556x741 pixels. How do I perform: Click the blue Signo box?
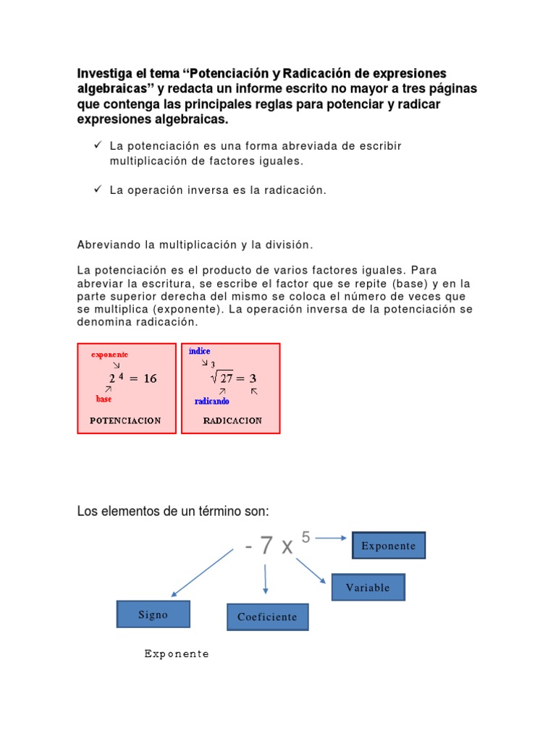point(153,614)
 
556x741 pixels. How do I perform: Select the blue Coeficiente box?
point(267,617)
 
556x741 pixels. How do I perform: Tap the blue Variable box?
point(368,588)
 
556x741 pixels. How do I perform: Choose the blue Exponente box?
point(389,546)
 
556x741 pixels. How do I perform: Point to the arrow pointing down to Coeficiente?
point(266,579)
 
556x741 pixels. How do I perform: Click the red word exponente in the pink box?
point(109,355)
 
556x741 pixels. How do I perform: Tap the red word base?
point(104,399)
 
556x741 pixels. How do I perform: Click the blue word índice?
point(199,351)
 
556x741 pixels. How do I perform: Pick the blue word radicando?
point(211,401)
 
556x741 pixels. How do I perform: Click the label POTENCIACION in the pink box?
point(125,420)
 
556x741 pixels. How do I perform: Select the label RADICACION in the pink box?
point(232,420)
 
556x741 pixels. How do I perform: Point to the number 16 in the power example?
point(150,378)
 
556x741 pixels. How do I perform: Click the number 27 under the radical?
point(227,378)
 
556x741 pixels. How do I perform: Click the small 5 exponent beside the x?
point(306,537)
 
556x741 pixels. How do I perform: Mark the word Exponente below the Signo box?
point(177,654)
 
